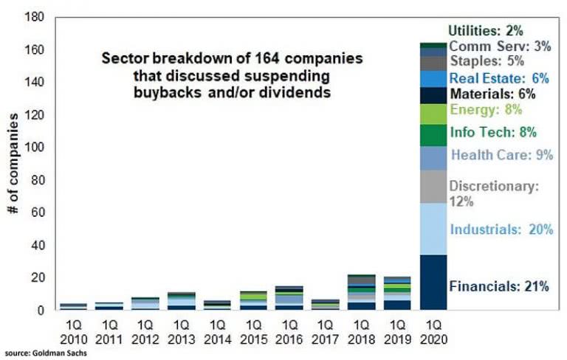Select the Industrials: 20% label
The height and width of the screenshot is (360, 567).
[x=501, y=229]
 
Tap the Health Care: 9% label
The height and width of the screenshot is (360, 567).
[x=501, y=155]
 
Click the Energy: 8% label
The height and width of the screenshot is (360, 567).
[x=486, y=110]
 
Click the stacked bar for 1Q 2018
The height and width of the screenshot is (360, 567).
[x=361, y=292]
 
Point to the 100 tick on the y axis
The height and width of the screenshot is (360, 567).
[x=33, y=148]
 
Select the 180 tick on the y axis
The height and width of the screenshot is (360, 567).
[x=33, y=18]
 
